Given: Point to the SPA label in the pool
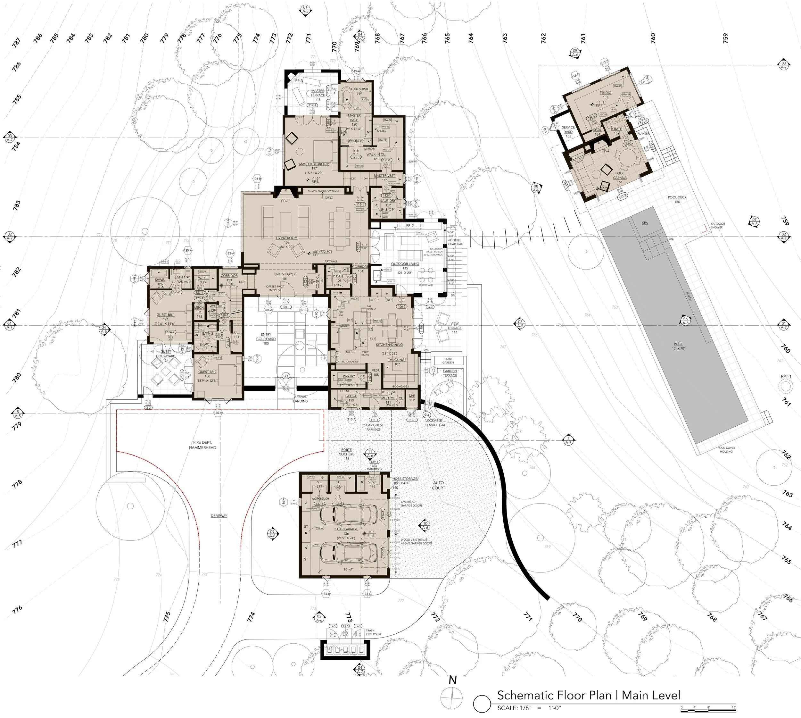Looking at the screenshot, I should pos(645,223).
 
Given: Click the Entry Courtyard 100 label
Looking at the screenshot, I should pos(266,339).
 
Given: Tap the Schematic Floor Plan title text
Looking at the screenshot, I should pos(589,695).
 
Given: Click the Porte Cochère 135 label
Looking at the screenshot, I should pos(347,454).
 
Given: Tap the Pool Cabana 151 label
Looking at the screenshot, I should pos(620,176).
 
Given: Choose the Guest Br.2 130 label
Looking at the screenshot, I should pos(207,376).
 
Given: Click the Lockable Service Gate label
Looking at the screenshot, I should pos(436,422).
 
